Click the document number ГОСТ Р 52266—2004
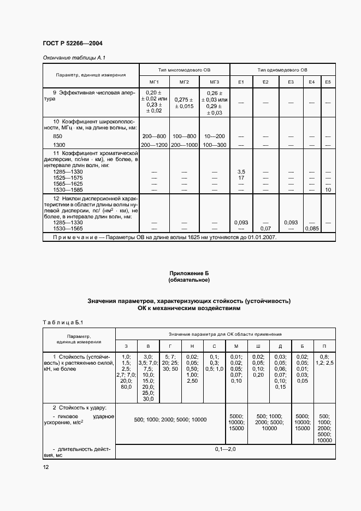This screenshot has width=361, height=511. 72,43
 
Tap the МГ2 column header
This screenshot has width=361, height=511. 184,82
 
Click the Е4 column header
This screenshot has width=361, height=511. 312,82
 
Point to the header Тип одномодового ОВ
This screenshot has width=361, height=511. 282,70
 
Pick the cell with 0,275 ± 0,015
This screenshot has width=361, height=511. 184,103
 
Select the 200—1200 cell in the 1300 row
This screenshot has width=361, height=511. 154,145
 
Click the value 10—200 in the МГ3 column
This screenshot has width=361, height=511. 214,135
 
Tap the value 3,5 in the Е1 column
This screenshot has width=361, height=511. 241,171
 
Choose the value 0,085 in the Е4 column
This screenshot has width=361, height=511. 312,228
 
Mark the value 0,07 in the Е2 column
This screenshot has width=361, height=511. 265,228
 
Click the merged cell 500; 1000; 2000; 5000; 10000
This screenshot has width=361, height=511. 170,419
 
